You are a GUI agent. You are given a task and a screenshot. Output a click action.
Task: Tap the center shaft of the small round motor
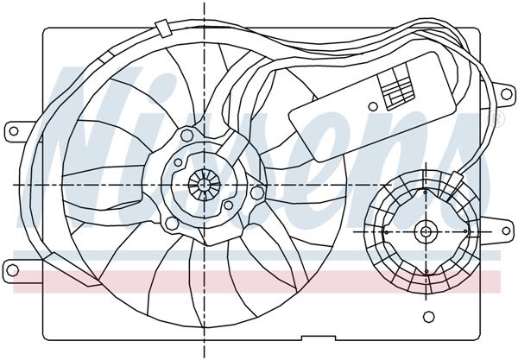click(426, 232)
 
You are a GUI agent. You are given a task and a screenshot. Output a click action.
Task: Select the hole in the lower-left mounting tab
click(12, 264)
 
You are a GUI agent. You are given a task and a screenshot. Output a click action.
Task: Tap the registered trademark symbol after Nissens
click(498, 117)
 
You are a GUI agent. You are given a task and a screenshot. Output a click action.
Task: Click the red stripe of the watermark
click(259, 279)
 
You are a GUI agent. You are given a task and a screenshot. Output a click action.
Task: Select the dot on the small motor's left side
click(383, 232)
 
